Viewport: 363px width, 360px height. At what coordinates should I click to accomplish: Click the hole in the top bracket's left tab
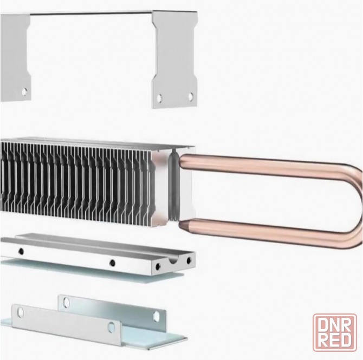tap(24, 91)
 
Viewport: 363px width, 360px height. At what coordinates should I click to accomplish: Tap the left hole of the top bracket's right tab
tap(159, 99)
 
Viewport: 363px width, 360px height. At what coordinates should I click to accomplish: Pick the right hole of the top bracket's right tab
tap(190, 96)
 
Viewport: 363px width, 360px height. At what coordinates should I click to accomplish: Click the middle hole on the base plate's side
tap(112, 263)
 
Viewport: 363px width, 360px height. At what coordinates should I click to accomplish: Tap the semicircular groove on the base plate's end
tap(173, 262)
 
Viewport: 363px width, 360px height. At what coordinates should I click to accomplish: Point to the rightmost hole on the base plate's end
tap(189, 260)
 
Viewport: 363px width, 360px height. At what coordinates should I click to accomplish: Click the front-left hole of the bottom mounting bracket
tap(21, 312)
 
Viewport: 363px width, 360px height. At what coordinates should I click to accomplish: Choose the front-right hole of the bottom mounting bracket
tap(112, 326)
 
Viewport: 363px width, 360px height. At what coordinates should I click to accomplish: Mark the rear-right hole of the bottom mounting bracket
tap(156, 316)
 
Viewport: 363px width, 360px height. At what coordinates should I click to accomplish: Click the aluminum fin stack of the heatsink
tap(76, 179)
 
